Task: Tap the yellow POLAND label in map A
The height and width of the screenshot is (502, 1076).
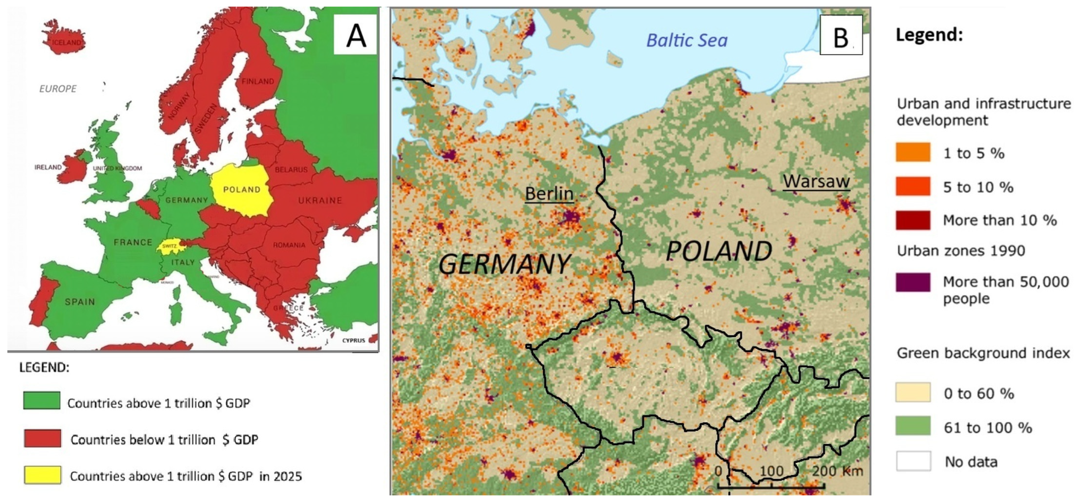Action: tap(241, 190)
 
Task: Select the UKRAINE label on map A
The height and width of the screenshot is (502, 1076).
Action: tap(320, 200)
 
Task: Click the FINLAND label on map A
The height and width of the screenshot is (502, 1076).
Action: tap(258, 81)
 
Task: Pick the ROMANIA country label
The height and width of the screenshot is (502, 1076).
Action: tap(289, 245)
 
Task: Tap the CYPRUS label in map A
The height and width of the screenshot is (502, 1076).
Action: tap(353, 341)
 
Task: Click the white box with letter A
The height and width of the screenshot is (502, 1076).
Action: tap(355, 35)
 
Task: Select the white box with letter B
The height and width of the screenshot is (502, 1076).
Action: tap(841, 35)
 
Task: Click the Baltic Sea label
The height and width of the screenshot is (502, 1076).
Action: tap(687, 41)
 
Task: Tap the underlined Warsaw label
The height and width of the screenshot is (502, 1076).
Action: tap(816, 182)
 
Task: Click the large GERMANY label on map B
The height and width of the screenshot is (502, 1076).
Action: tap(504, 264)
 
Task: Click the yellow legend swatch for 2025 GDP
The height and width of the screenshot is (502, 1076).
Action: tap(42, 475)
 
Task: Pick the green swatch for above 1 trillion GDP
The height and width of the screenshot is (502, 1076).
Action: tap(42, 400)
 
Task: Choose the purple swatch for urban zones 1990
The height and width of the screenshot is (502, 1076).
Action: tap(913, 282)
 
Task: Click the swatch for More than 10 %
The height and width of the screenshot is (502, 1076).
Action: tap(913, 220)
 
